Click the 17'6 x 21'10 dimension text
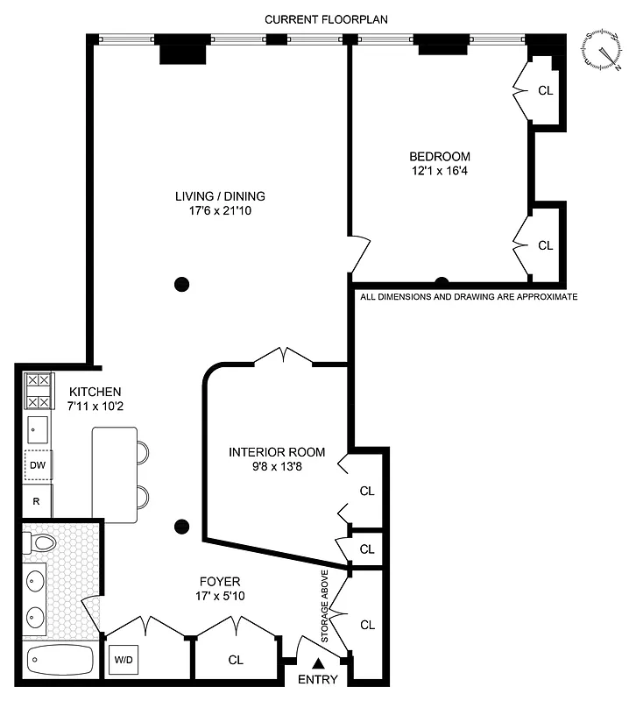coord(220,211)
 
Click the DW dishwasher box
coord(37,465)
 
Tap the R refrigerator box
coord(37,502)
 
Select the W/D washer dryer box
coord(122,659)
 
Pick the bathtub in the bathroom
coord(60,659)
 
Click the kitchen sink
coord(38,429)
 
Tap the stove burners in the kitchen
coord(38,391)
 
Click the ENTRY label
coord(316,680)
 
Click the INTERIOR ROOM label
coord(276,452)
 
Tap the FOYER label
coord(220,581)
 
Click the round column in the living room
coord(181,283)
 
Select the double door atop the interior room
coord(283,356)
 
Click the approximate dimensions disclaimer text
coord(469,297)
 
